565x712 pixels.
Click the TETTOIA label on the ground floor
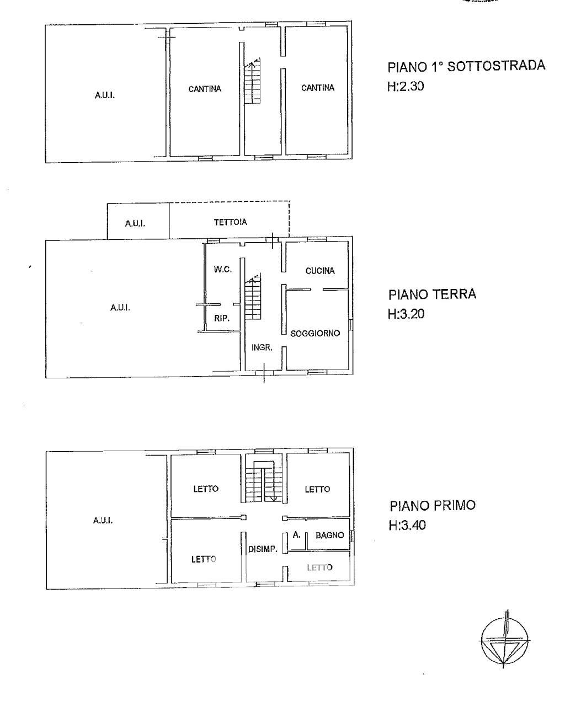click(x=231, y=222)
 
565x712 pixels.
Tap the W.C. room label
click(x=222, y=269)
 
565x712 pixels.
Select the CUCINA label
click(x=319, y=271)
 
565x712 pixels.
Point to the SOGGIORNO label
click(x=315, y=333)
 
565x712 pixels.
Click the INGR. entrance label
click(x=262, y=347)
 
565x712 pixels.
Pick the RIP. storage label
click(x=222, y=318)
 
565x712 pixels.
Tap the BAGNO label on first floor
click(x=329, y=536)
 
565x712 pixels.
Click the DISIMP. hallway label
click(x=263, y=549)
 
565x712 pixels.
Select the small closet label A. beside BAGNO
click(x=296, y=535)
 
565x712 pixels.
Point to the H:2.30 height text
click(x=406, y=87)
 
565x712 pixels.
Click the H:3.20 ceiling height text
click(x=406, y=314)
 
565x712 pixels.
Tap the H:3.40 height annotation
click(x=407, y=526)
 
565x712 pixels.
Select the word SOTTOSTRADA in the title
click(x=496, y=66)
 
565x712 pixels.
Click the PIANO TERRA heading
click(x=432, y=295)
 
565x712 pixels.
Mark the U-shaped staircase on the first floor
click(x=264, y=481)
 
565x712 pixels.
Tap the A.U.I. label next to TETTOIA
click(x=135, y=224)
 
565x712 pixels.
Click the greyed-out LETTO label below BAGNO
click(x=319, y=568)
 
